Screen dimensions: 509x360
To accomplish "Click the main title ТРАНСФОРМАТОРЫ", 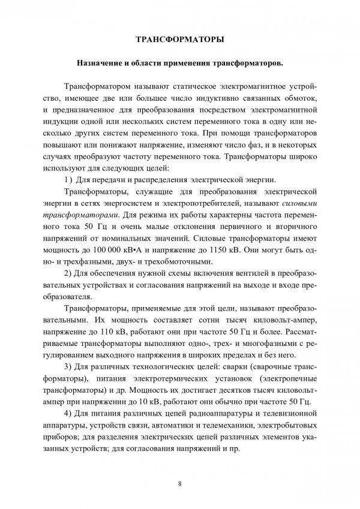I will pos(181,41).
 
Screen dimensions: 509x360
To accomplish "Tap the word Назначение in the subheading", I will pos(97,62).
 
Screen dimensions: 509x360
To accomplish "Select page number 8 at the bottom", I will pos(180,481).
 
